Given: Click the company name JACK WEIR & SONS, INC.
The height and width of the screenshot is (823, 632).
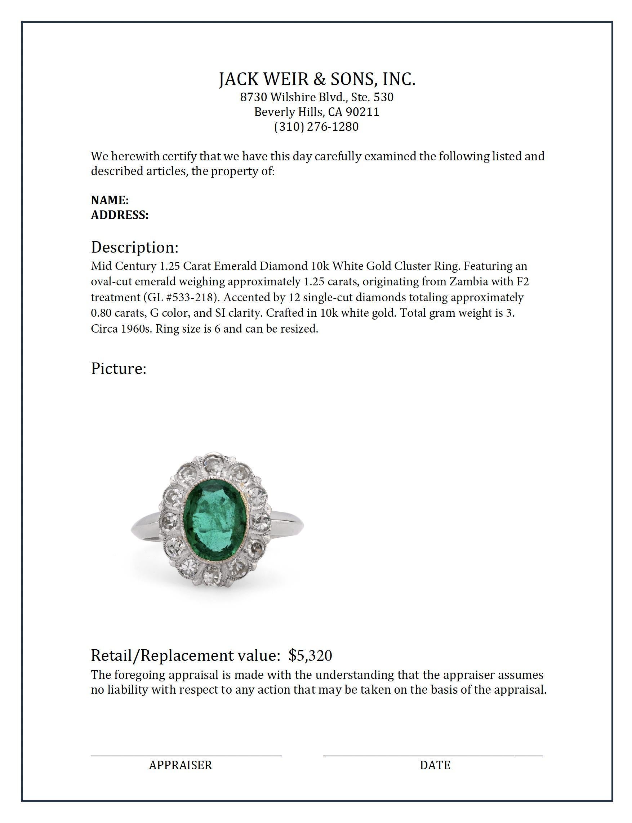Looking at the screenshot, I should [x=317, y=79].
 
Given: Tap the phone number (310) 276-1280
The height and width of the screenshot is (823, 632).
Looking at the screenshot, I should [x=316, y=127].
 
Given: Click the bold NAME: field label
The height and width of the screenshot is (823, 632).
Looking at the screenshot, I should [x=110, y=200].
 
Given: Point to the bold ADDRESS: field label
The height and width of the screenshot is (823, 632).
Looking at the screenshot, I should [x=120, y=215].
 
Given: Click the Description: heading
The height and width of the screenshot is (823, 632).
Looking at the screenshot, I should [x=135, y=247].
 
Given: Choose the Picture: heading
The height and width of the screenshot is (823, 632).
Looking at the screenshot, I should [x=119, y=368].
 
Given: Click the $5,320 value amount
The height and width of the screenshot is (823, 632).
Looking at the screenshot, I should [x=310, y=655].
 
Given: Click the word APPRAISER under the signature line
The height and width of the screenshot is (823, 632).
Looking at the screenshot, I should [x=180, y=765].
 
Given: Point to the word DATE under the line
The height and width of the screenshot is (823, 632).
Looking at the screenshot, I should [x=435, y=765].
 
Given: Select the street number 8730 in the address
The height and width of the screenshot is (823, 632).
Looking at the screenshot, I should [x=254, y=97].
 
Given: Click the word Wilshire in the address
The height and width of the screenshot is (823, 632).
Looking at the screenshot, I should [x=294, y=97].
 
